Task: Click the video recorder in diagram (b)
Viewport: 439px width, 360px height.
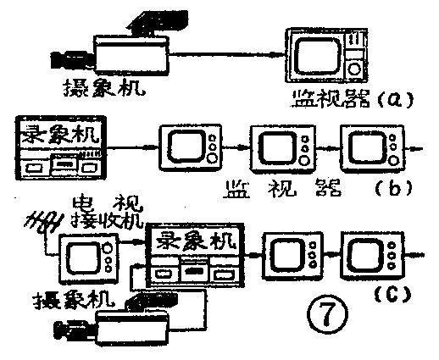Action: coord(58,150)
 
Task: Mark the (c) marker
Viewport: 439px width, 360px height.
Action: coord(392,295)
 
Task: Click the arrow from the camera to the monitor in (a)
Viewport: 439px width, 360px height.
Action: coord(225,53)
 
